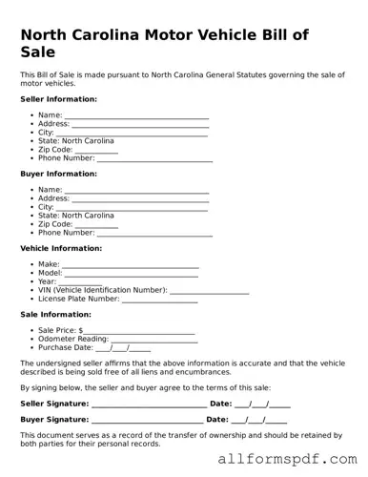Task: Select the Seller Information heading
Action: (58, 98)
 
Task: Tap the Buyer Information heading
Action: (58, 174)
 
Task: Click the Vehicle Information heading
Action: (61, 248)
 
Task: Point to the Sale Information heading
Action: (55, 314)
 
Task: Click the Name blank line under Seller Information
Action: (136, 115)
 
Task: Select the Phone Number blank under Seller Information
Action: (154, 158)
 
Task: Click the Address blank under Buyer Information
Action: (140, 199)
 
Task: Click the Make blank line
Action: (131, 265)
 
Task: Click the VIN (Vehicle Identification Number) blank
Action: (209, 291)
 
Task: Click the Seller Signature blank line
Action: (148, 404)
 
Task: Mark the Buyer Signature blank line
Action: (147, 420)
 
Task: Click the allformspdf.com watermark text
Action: (300, 461)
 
